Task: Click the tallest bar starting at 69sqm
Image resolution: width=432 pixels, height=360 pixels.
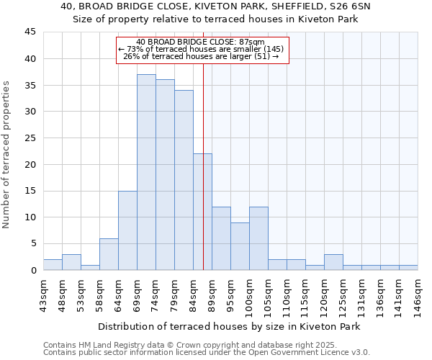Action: (146, 172)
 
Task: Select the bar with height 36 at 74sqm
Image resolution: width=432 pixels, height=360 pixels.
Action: (165, 175)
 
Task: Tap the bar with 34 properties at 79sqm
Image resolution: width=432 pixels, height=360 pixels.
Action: (184, 180)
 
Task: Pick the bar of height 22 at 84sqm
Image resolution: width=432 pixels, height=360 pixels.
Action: (202, 212)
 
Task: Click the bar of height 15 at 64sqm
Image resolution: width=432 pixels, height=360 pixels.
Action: (127, 230)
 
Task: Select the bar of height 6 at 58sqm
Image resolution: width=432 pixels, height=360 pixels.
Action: (109, 254)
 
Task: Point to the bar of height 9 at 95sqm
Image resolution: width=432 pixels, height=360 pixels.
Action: (240, 246)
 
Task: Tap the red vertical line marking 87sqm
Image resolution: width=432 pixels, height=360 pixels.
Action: (204, 166)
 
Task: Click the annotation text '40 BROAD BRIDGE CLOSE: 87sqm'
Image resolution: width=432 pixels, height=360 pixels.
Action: (201, 42)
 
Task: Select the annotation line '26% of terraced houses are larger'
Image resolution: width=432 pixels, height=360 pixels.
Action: (201, 56)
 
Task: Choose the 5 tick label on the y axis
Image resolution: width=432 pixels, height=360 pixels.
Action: (33, 243)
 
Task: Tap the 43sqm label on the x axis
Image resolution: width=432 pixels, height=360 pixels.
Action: (43, 291)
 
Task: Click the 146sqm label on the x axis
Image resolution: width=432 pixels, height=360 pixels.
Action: (418, 291)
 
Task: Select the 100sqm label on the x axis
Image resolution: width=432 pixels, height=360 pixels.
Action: (249, 292)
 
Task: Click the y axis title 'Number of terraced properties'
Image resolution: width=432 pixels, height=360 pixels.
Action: (7, 154)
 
